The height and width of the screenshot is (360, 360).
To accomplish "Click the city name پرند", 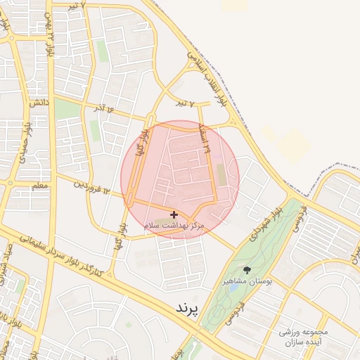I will [186, 308].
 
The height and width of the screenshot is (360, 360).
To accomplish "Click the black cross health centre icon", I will [174, 214].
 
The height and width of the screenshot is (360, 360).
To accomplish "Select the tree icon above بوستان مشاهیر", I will [247, 269].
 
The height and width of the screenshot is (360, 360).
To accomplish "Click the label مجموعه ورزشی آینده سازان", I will [304, 337].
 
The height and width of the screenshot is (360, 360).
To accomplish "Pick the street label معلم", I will [39, 185].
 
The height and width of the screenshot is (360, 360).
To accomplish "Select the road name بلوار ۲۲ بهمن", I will [49, 35].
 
